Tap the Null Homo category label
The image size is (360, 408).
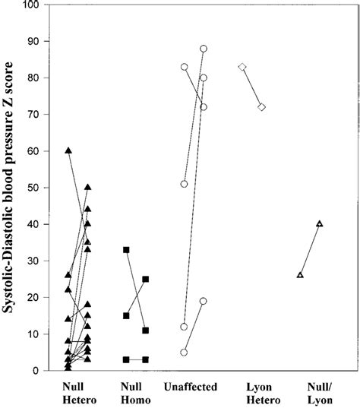coord(134,392)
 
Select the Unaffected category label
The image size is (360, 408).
coord(193,387)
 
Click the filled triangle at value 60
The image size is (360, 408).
coord(68,150)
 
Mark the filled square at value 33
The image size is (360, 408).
coord(126,250)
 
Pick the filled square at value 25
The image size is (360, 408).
coord(145,279)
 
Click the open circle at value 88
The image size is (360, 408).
coord(204,49)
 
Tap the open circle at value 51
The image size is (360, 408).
coord(185,184)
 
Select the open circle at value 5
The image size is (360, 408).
coord(185,353)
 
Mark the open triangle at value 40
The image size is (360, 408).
coord(319,223)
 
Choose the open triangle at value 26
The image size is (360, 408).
coord(300,275)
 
